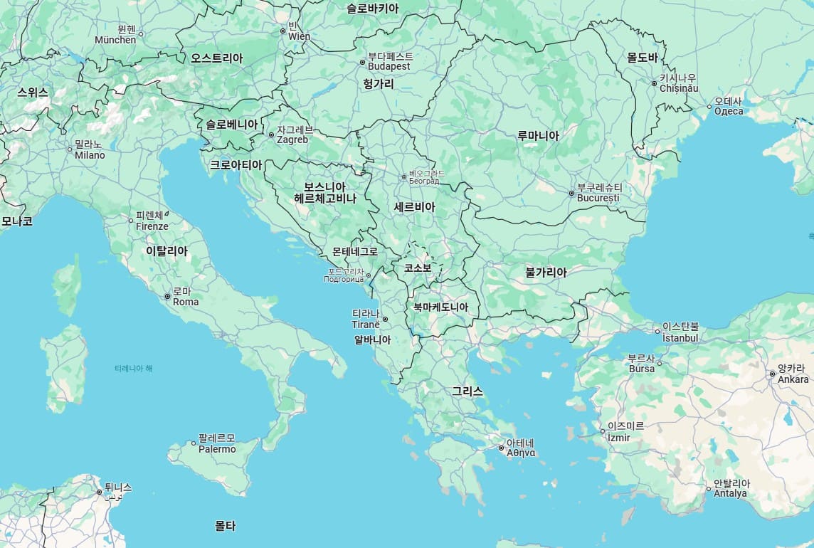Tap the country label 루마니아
pyautogui.click(x=538, y=135)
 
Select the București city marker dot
pyautogui.click(x=571, y=193)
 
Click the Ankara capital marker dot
pyautogui.click(x=772, y=374)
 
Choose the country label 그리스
pyautogui.click(x=467, y=391)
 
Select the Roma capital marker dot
pyautogui.click(x=167, y=296)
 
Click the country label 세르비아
pyautogui.click(x=414, y=206)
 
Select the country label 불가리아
pyautogui.click(x=546, y=272)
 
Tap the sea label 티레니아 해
pyautogui.click(x=133, y=368)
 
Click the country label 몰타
pyautogui.click(x=225, y=526)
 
